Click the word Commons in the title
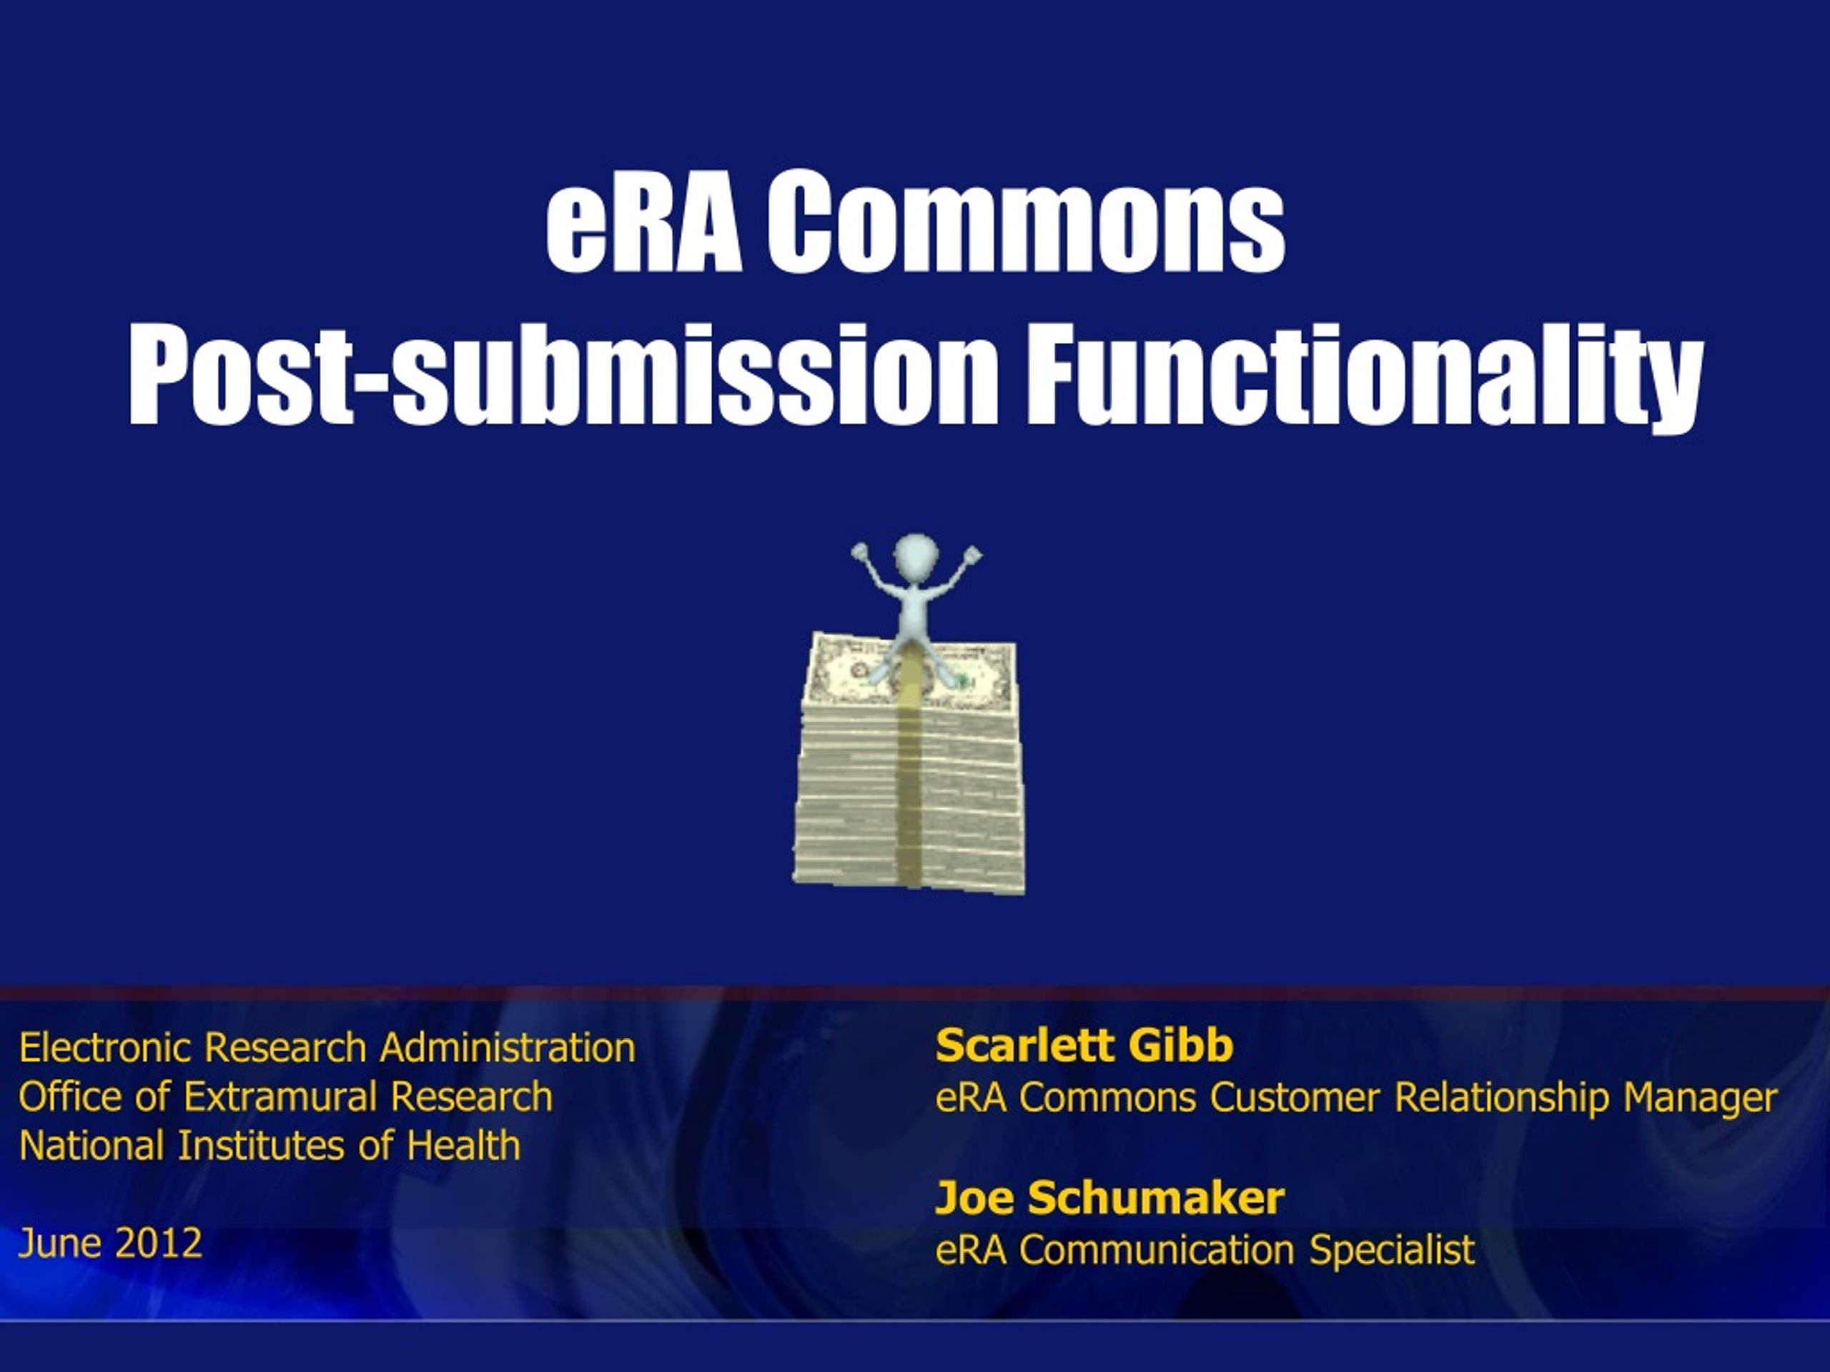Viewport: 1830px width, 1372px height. tap(1026, 222)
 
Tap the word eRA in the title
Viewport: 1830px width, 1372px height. tap(643, 222)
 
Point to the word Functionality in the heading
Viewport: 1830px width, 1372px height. tap(1364, 377)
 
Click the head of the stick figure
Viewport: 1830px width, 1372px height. tap(915, 555)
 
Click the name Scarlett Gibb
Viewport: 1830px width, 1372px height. tap(1084, 1045)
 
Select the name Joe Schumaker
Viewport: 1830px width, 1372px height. tap(1109, 1198)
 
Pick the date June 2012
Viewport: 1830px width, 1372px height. tap(110, 1243)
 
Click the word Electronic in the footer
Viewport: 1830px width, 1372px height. tap(105, 1047)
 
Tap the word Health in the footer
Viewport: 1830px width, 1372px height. tap(463, 1146)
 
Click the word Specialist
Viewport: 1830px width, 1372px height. tap(1392, 1250)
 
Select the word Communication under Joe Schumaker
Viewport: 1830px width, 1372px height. tap(1157, 1250)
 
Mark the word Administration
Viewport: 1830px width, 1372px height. tap(507, 1047)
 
